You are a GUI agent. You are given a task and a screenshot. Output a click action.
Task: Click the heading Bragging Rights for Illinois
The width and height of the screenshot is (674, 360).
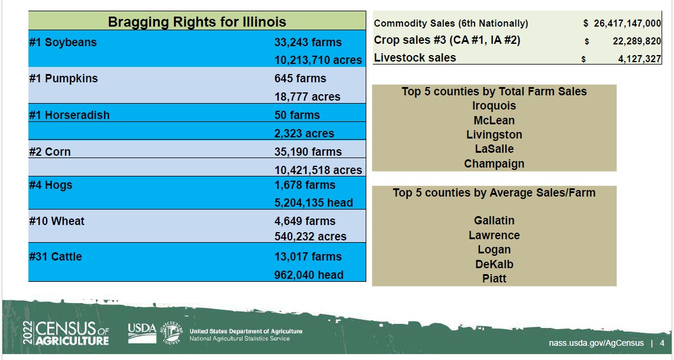point(197,22)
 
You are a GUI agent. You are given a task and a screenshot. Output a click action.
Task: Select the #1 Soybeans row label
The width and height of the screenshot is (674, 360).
point(63,43)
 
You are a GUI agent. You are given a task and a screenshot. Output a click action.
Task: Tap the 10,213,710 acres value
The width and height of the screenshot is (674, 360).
point(318,60)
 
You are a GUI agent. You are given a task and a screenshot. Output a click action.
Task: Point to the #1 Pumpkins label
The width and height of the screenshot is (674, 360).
point(63,79)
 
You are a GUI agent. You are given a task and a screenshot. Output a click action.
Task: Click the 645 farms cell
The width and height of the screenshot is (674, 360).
point(300,79)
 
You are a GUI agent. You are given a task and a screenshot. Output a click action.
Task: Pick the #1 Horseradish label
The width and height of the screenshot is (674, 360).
point(69,115)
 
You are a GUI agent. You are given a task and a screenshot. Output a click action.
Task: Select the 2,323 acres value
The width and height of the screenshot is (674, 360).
point(304,133)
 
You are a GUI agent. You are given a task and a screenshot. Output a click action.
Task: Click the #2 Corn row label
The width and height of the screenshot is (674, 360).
point(50,152)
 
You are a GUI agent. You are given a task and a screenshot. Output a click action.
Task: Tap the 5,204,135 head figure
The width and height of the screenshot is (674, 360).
point(314,202)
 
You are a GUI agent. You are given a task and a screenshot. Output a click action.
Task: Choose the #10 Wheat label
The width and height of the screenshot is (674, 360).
point(57,221)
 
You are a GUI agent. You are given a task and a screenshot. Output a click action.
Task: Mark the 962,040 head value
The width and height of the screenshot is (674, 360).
point(309,275)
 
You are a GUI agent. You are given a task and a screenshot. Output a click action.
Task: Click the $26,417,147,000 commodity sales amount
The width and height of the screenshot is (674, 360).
point(622,23)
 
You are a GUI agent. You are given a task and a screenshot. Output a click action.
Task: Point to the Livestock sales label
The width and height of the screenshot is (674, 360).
point(415,57)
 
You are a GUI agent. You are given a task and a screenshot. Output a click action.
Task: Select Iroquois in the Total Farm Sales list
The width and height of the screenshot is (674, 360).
point(494,106)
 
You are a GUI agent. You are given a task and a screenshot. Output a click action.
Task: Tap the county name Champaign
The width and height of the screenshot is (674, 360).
point(494,164)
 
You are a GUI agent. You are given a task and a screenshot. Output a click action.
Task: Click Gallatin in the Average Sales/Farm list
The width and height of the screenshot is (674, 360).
point(494,221)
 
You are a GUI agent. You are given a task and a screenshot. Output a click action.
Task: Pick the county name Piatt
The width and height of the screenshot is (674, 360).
point(494,279)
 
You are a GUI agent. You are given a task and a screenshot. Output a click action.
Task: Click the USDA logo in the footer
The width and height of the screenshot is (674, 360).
point(142,333)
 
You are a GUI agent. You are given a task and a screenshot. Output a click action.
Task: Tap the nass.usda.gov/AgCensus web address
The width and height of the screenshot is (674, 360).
point(596,343)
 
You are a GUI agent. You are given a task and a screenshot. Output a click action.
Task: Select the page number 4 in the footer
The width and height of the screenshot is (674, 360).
point(662,343)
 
